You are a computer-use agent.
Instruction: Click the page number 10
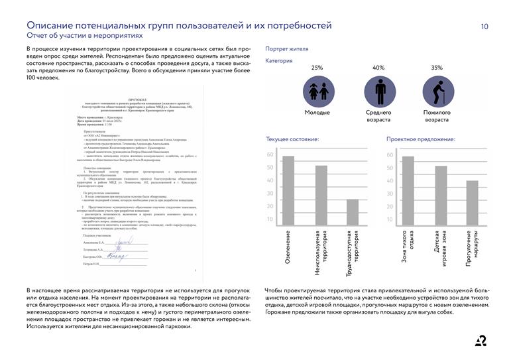coord(484,27)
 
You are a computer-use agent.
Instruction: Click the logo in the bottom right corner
coord(481,341)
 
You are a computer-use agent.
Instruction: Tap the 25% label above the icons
coord(317,68)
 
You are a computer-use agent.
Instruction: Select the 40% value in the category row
coord(378,68)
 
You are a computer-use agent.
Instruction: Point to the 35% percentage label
coord(437,68)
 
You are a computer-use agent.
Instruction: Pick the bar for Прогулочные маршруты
coord(472,203)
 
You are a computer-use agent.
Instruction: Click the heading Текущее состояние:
coord(292,140)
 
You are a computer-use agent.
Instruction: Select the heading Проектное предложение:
coord(420,140)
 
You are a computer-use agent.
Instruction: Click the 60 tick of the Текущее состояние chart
coord(270,155)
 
